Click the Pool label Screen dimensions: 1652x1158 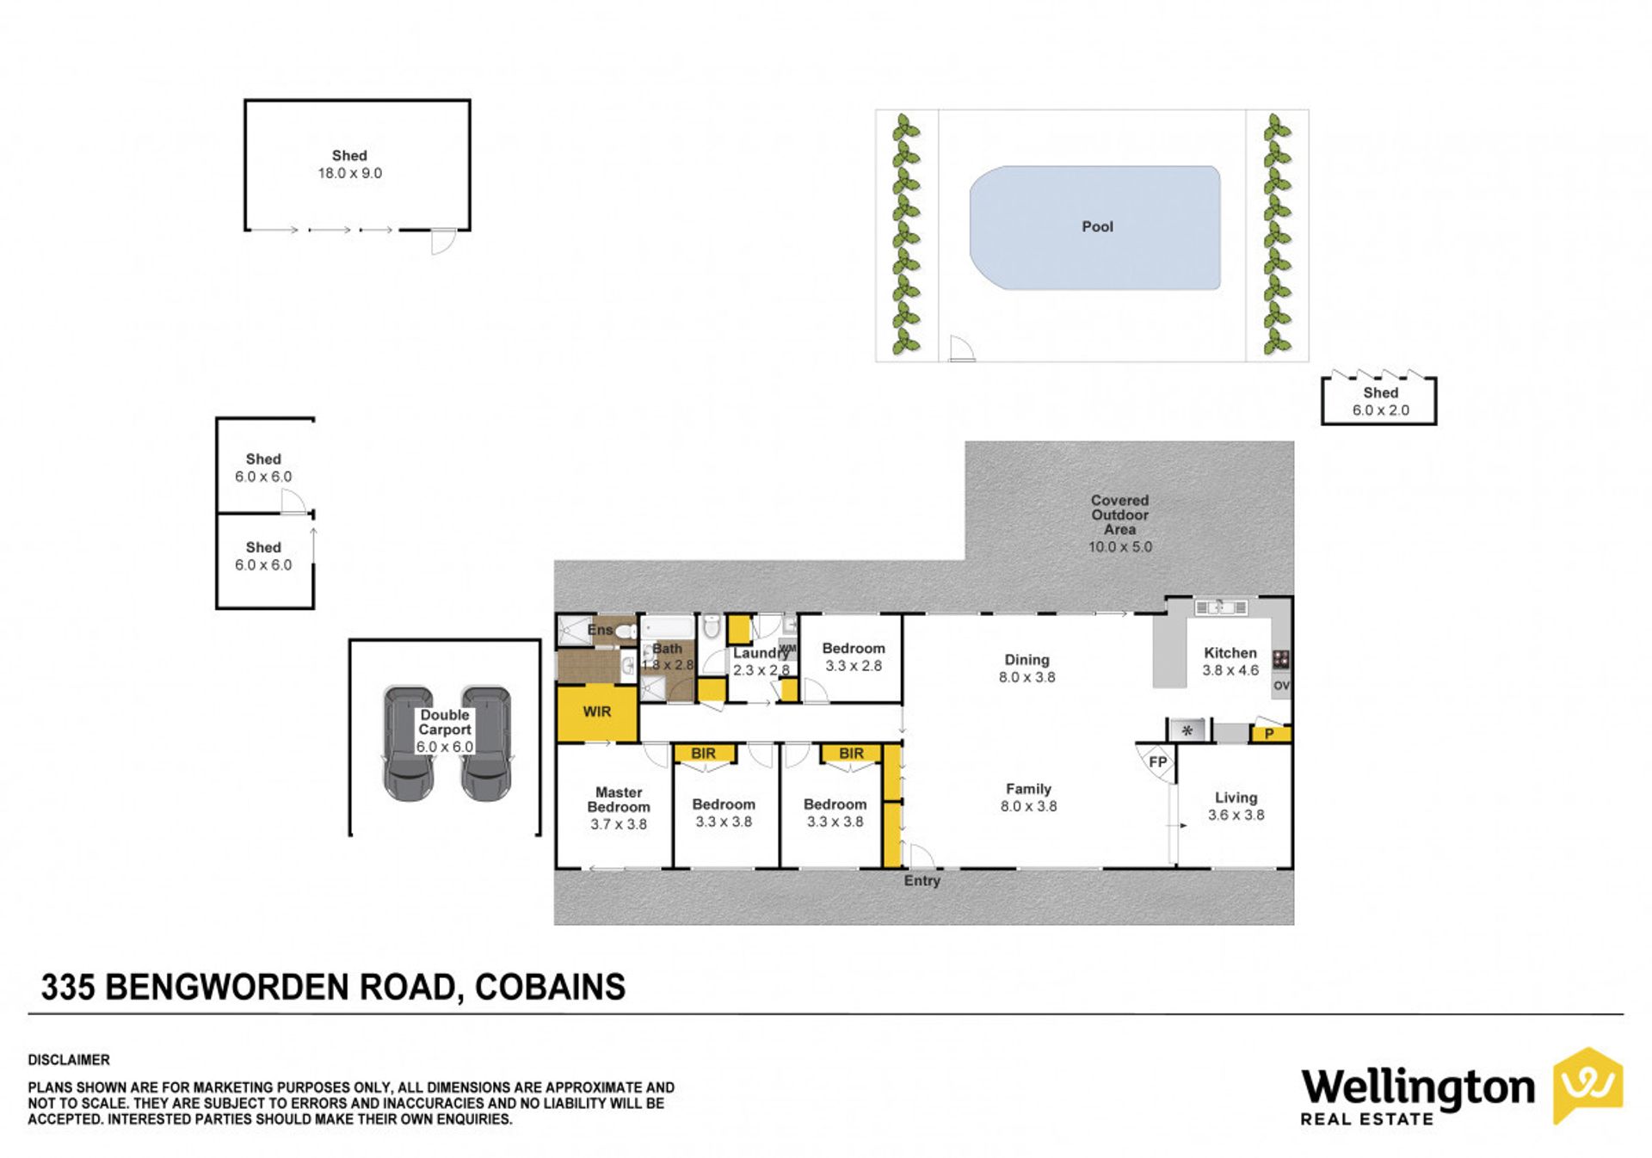pos(1097,226)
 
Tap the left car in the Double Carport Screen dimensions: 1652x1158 pos(408,743)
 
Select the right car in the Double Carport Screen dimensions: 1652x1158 pos(486,743)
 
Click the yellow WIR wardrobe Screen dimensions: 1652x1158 pos(597,712)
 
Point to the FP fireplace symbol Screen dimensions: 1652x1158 pos(1157,762)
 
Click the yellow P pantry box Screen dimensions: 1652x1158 pos(1270,734)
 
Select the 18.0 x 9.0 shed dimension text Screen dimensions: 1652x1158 pos(349,173)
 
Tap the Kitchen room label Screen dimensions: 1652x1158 pos(1230,653)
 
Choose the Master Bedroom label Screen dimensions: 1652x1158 pos(619,799)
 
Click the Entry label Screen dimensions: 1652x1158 pos(922,881)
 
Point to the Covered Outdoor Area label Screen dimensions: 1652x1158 pos(1119,514)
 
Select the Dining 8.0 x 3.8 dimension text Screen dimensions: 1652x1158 pos(1026,677)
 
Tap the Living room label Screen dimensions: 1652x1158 pos(1236,798)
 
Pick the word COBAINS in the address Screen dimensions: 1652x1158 pos(550,987)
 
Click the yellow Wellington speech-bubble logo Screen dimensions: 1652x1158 pos(1587,1085)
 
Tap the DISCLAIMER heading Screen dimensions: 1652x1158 pos(69,1060)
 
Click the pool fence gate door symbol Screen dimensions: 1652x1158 pos(962,348)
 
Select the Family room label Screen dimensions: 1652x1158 pos(1028,789)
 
